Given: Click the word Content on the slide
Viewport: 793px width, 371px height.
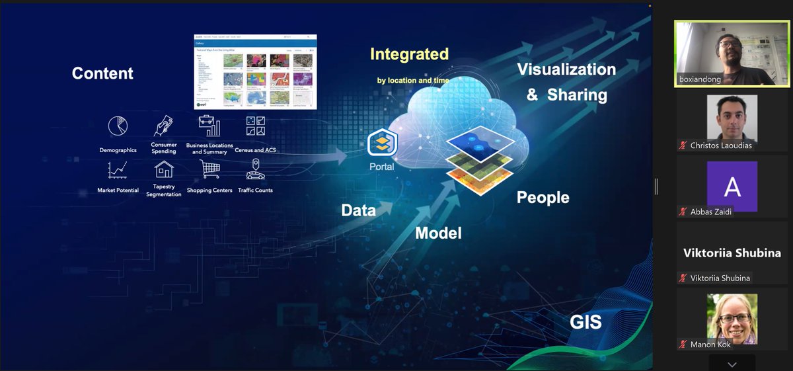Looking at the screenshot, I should pyautogui.click(x=102, y=73).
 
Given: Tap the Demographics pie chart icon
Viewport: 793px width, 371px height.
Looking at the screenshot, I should pyautogui.click(x=118, y=126).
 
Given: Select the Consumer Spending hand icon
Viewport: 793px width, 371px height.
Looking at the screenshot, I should pyautogui.click(x=163, y=126).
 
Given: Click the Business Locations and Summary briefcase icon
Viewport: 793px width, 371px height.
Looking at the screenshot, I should pyautogui.click(x=209, y=126).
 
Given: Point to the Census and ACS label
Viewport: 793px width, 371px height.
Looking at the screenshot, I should pyautogui.click(x=255, y=150).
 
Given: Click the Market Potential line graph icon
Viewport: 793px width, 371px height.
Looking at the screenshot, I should pyautogui.click(x=118, y=170).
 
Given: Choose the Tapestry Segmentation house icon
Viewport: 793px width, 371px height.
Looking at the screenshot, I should pyautogui.click(x=163, y=169).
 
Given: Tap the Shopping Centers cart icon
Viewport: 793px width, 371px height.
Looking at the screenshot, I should pyautogui.click(x=209, y=170).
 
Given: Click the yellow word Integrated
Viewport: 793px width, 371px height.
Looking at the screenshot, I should pyautogui.click(x=409, y=54).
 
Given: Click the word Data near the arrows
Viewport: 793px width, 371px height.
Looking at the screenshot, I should pyautogui.click(x=359, y=210).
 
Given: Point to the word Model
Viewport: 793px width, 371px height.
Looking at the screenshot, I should pyautogui.click(x=438, y=233).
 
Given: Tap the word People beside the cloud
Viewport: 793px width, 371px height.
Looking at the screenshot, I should pyautogui.click(x=543, y=197).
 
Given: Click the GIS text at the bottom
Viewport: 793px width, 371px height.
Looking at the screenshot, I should pyautogui.click(x=585, y=322).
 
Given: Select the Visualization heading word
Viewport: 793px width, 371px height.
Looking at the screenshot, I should pyautogui.click(x=566, y=69).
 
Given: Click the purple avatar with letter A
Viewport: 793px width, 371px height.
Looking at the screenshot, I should pyautogui.click(x=732, y=187).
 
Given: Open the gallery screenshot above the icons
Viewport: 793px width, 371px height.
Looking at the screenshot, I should pyautogui.click(x=255, y=71).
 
